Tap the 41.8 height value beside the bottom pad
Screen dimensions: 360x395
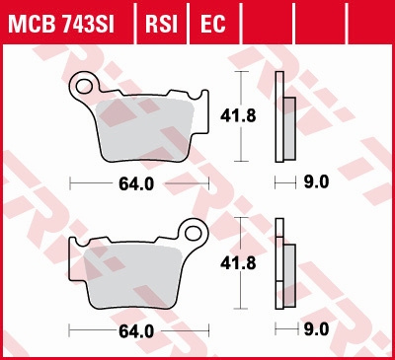point(231,263)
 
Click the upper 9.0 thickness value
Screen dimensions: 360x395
point(316,182)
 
